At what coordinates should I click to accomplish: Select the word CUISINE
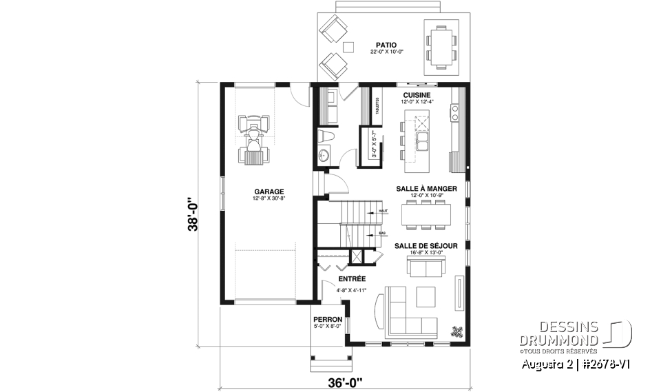tap(417, 95)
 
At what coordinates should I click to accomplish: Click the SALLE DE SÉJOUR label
tap(426, 245)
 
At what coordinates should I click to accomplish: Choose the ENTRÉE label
tap(351, 279)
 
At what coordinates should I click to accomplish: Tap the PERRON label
tap(327, 320)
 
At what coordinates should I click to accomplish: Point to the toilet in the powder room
tap(326, 136)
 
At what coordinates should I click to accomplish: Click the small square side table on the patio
tap(349, 48)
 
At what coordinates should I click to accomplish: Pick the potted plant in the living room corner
tap(456, 330)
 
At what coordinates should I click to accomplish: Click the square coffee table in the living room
tap(425, 296)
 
